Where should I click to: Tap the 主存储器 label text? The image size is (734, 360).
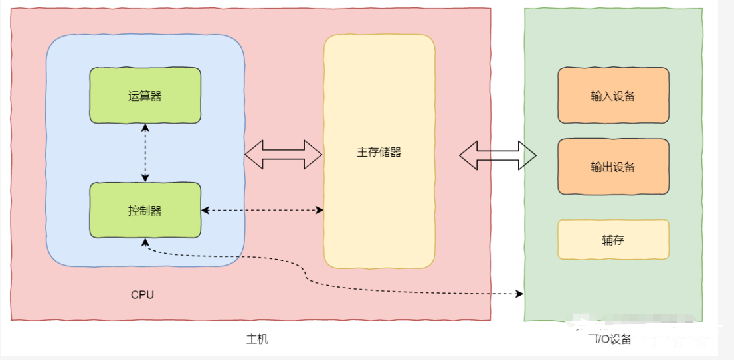379,152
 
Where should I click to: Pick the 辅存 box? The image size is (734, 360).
613,239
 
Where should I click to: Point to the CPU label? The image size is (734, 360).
142,294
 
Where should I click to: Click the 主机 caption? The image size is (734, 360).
257,339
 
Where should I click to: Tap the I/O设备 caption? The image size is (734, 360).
612,339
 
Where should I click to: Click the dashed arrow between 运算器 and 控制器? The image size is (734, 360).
145,153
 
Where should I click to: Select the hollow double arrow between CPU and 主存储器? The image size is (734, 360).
284,155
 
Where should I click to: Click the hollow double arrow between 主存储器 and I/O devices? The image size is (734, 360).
498,155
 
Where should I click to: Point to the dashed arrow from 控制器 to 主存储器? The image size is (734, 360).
262,210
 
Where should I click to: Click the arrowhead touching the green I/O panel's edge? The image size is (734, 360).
519,293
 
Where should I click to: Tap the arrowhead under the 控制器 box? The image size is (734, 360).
145,243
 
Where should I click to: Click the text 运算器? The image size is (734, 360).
145,96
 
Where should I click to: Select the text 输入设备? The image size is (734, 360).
613,96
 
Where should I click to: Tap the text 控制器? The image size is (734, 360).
145,211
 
